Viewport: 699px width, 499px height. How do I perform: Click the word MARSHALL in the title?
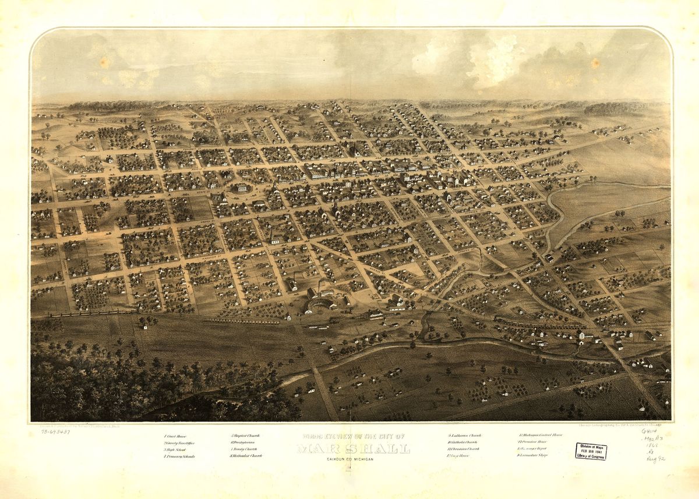353,448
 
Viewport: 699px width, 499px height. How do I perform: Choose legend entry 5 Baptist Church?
245,436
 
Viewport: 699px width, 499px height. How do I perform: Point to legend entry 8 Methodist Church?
246,456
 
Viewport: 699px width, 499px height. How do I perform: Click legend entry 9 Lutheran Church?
465,436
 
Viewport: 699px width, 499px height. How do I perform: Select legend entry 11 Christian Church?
464,449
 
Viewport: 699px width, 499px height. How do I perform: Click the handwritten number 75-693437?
55,431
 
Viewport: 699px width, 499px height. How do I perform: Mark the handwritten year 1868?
652,445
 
